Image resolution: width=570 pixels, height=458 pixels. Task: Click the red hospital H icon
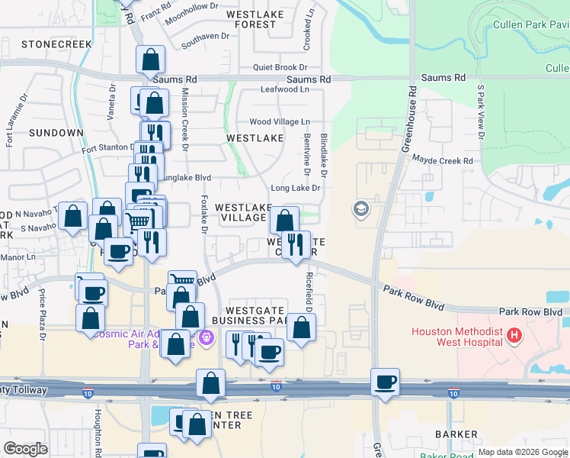(x=515, y=335)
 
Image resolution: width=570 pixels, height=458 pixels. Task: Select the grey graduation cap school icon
(x=360, y=208)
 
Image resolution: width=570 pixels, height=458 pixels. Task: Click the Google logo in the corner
(x=25, y=449)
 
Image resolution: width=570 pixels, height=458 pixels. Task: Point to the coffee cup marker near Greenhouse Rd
(x=386, y=382)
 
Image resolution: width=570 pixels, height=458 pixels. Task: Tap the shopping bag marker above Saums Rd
(x=151, y=60)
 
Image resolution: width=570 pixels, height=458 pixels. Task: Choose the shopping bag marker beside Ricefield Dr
(x=302, y=327)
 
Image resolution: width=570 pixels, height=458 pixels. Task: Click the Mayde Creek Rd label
(x=443, y=160)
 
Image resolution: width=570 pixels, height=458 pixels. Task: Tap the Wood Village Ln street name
(x=280, y=122)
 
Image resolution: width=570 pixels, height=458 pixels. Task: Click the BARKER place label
(x=434, y=434)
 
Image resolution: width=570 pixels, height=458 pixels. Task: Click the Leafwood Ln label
(x=284, y=89)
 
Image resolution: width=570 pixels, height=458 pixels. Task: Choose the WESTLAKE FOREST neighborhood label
(x=255, y=19)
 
